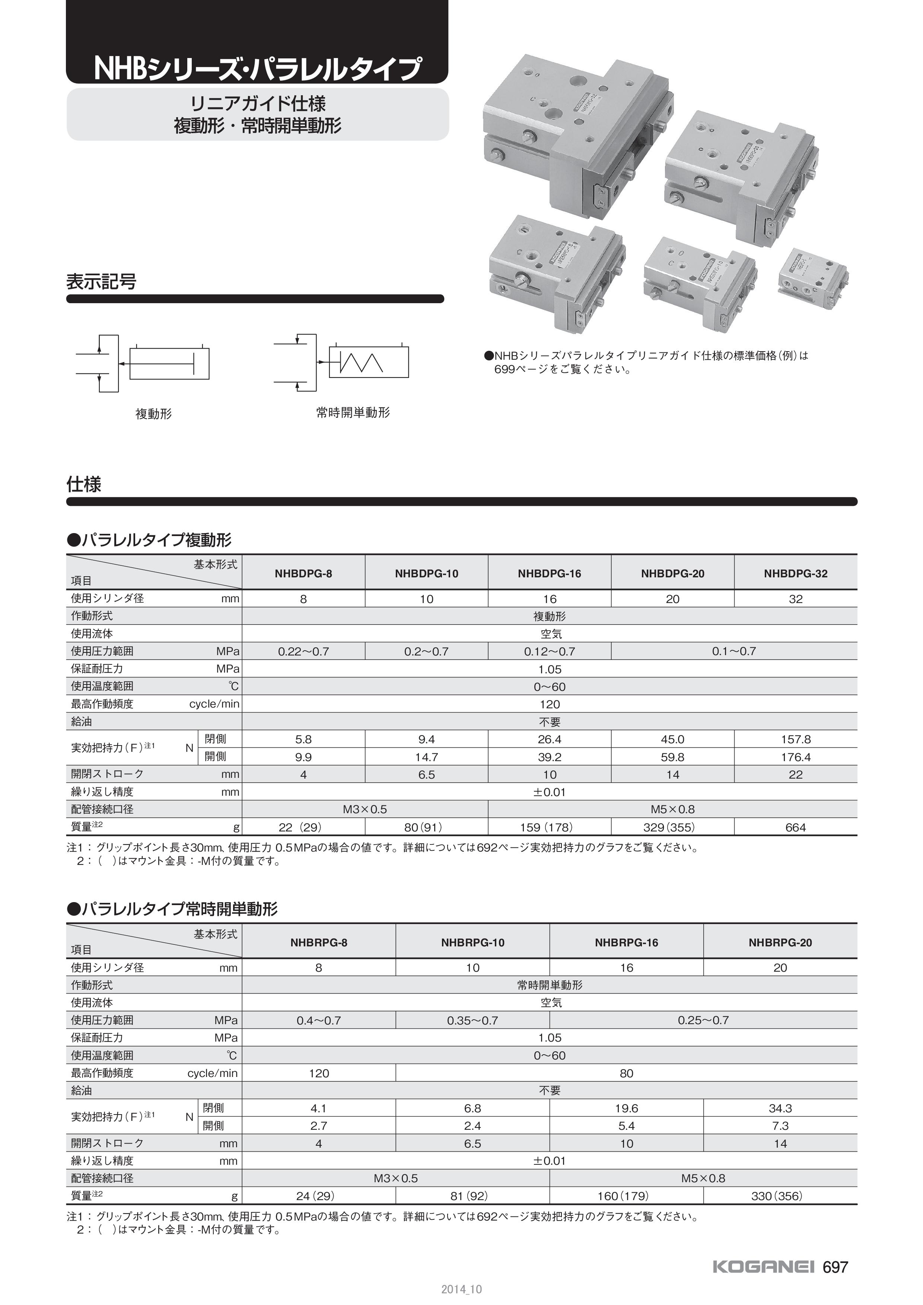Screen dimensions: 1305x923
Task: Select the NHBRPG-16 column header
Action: point(626,942)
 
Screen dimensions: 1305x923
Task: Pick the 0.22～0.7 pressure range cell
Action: point(303,651)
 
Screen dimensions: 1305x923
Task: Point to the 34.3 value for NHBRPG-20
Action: point(780,1108)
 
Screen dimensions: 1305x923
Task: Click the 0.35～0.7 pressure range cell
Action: point(472,1020)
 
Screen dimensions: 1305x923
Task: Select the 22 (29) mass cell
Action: point(303,828)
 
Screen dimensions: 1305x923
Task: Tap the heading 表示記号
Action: point(101,281)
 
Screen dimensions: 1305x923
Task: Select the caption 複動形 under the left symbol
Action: point(153,414)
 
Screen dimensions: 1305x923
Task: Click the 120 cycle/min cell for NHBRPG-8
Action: point(318,1073)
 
